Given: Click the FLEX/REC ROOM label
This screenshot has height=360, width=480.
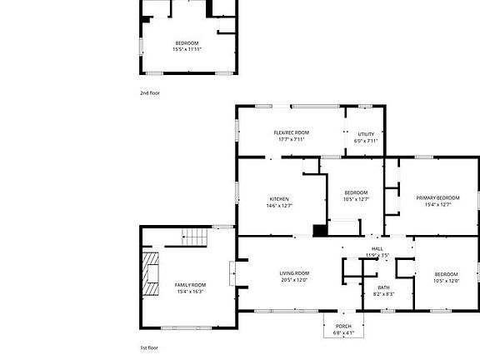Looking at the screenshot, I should pos(291,133).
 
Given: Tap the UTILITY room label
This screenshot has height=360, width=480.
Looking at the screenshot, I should pos(366,133).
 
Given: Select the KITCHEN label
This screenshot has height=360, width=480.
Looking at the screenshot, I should pos(278,198).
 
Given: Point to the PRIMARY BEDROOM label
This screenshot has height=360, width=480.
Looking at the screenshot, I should pos(438,197).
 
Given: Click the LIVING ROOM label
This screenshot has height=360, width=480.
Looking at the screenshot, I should pos(294,273).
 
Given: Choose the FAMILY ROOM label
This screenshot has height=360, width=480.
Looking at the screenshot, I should pos(189,285).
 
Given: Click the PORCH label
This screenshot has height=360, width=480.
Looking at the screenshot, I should pos(343,326).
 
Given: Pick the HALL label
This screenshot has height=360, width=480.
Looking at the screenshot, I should pos(377,249).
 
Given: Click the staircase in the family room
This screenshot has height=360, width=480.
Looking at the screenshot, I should pos(193,237).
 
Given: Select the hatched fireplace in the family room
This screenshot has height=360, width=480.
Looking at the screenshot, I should pos(152,273).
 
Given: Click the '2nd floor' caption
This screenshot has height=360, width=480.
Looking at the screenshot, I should pos(149,92).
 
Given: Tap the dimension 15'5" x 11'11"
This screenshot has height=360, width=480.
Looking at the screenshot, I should pos(187,49).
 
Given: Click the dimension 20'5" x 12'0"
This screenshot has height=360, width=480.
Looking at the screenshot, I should pos(294,280).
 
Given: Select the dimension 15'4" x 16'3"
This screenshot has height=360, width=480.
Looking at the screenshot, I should pos(189,292).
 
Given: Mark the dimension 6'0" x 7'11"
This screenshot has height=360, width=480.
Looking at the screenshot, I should pos(366,140).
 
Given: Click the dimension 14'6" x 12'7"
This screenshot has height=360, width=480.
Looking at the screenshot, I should pos(278,205).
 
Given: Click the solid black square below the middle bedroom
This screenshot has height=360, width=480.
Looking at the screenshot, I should pos(319,231).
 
